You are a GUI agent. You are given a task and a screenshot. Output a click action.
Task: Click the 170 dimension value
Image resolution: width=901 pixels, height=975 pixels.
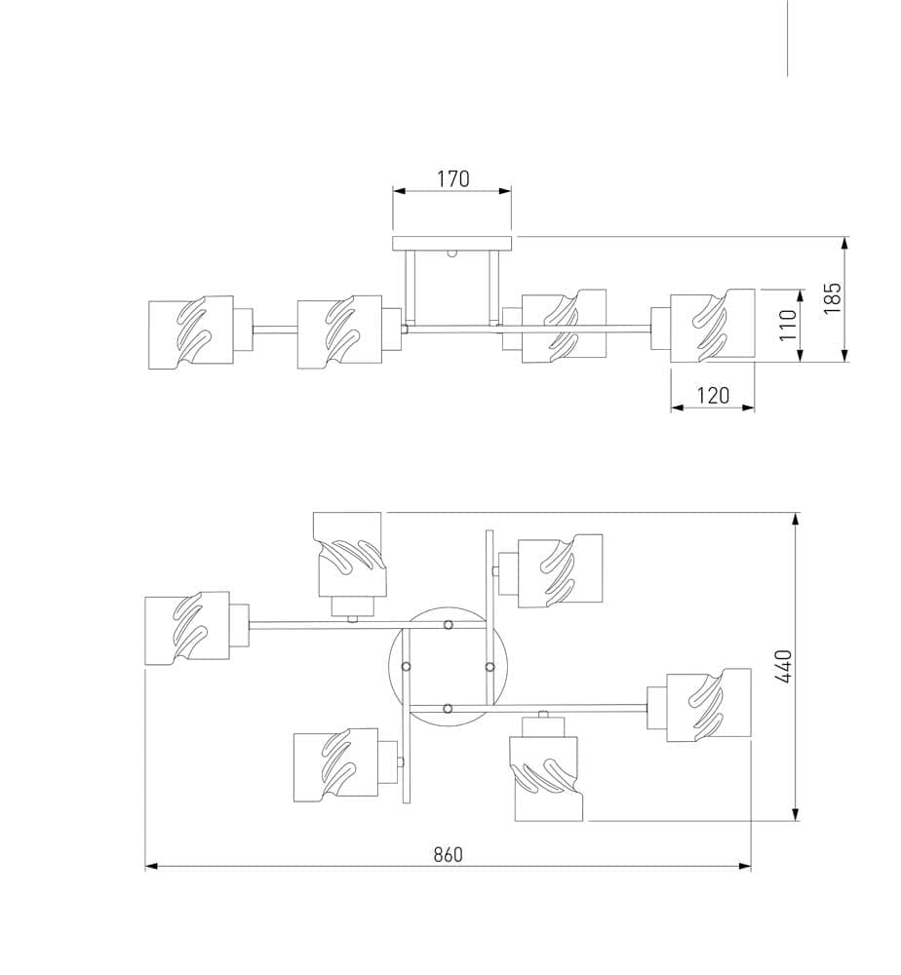coord(452,178)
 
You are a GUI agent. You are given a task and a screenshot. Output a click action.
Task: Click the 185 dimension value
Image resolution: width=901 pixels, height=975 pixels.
coord(832,297)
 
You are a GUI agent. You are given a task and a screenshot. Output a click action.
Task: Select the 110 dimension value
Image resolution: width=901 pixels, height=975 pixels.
coord(789,324)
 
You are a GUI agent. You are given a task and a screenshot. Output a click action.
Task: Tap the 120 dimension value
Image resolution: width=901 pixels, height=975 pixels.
coord(713,395)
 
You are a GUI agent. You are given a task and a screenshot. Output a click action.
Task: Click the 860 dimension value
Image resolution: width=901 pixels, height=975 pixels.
coord(448,854)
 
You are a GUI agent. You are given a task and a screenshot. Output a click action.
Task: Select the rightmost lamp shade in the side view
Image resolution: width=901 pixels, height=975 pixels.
coord(713,326)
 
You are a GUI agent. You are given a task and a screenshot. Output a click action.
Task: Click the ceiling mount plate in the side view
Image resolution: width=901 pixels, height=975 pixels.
coord(451,244)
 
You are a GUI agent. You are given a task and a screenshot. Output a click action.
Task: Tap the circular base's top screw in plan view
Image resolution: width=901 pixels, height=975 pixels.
coord(448,625)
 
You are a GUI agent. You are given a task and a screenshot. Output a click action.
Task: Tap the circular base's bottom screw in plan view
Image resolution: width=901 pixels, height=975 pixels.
coord(448,708)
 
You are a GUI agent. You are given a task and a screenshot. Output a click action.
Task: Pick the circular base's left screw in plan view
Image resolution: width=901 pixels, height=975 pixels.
coord(406,666)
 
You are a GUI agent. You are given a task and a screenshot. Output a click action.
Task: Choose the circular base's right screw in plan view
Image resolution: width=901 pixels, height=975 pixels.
coord(490,666)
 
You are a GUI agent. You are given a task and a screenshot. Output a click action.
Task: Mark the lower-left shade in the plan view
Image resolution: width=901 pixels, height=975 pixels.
coord(336,765)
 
